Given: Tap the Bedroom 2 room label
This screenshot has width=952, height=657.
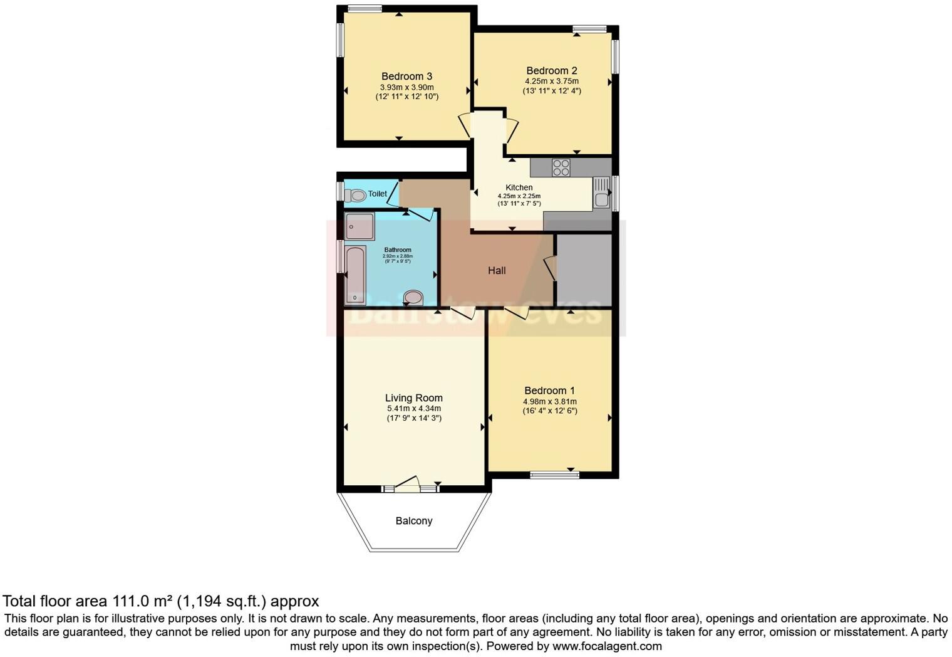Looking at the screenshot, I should pyautogui.click(x=551, y=71).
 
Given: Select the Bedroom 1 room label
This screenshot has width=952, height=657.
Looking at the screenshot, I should pyautogui.click(x=549, y=391).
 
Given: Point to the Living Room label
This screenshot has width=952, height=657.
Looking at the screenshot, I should pyautogui.click(x=413, y=398).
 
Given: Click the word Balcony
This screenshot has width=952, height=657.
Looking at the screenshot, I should pyautogui.click(x=413, y=521).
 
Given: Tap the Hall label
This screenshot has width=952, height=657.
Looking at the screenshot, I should pyautogui.click(x=497, y=271).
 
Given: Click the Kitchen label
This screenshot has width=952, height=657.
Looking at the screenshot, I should pyautogui.click(x=519, y=187).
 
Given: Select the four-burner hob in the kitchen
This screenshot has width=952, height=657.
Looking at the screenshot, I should pyautogui.click(x=561, y=167).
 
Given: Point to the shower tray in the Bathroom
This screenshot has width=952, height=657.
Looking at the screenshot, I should pyautogui.click(x=359, y=226).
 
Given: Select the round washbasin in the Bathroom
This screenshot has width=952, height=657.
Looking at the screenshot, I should pyautogui.click(x=413, y=297).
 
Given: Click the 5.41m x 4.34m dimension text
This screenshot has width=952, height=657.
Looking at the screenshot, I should pyautogui.click(x=413, y=409).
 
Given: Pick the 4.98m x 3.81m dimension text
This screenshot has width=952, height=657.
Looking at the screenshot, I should pyautogui.click(x=549, y=402).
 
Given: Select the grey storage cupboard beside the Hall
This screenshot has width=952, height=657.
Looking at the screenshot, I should pyautogui.click(x=584, y=270).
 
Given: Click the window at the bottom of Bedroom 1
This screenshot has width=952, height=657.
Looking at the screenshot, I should pyautogui.click(x=555, y=475).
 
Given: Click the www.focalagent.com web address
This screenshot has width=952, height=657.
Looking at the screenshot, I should pyautogui.click(x=607, y=646).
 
